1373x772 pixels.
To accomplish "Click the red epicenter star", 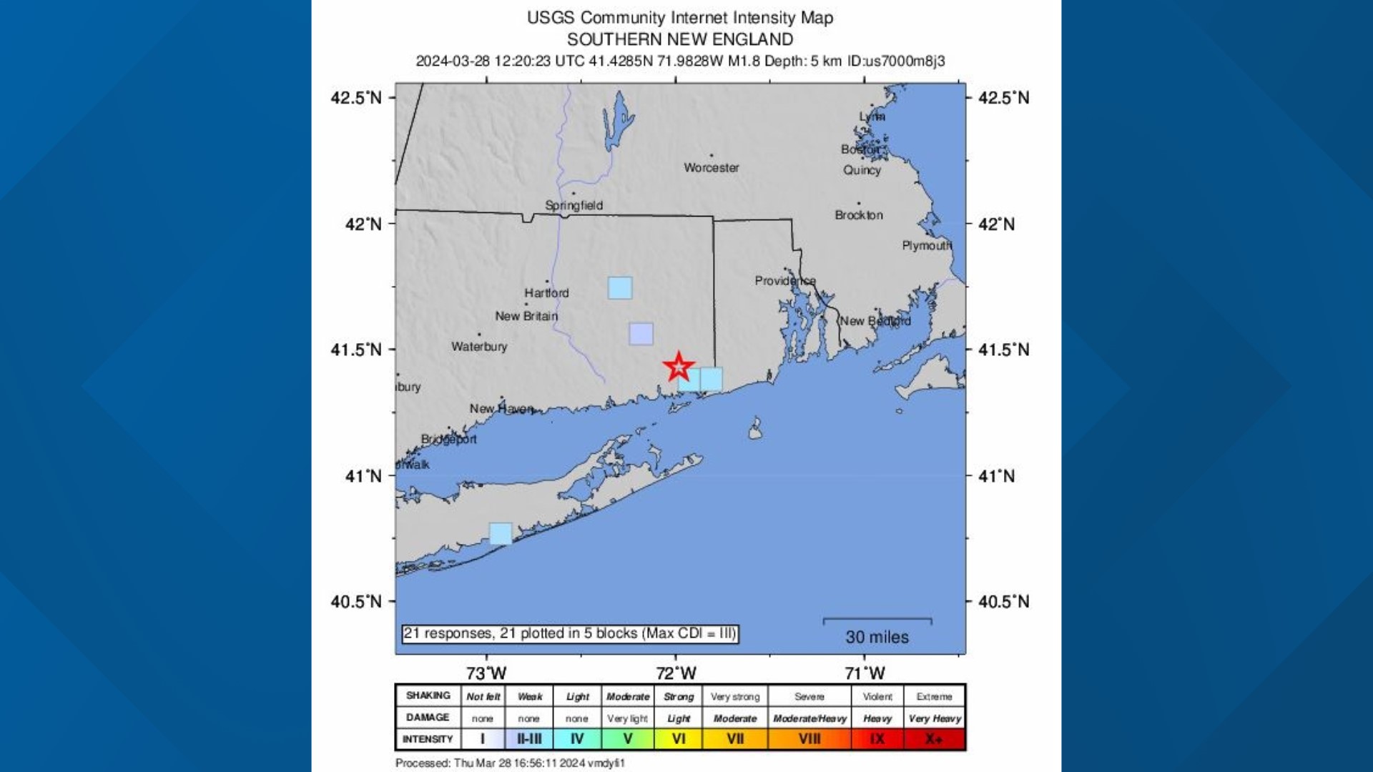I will point(678,367).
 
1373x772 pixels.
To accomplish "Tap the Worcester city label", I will point(711,168).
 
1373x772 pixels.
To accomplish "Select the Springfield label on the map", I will point(574,206).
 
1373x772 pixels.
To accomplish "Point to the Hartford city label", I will point(546,293).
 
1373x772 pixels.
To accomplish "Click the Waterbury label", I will point(479,347).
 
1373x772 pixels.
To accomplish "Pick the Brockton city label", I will point(858,215).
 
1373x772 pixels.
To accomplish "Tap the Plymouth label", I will point(927,246).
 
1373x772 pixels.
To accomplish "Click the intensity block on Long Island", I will point(501,533).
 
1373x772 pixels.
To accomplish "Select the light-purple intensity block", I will point(641,334).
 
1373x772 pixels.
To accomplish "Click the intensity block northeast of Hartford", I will point(620,288).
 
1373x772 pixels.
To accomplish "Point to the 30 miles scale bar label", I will point(877,637).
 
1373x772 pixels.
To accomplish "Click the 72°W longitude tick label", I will point(676,673).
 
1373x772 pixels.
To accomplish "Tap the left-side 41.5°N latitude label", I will point(356,350).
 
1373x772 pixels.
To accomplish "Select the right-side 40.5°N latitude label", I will point(1003,602).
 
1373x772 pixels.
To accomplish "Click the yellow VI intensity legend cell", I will point(678,739).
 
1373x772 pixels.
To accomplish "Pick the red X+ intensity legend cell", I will point(934,739).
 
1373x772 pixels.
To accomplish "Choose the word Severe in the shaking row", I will point(809,697).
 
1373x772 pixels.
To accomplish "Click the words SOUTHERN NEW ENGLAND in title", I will point(680,39).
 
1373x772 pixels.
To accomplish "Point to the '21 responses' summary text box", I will point(569,634).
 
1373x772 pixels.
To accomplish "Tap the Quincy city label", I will point(862,170).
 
